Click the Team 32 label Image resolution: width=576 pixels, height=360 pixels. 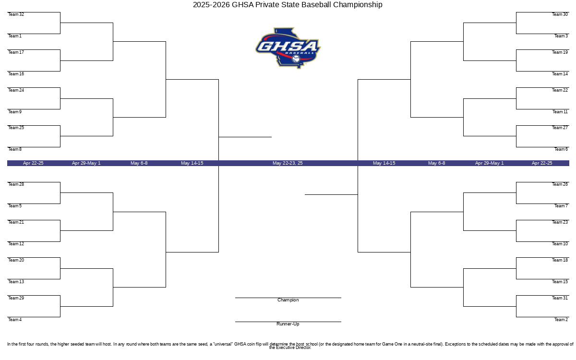(x=16, y=14)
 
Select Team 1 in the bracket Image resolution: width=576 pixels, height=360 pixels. (x=15, y=36)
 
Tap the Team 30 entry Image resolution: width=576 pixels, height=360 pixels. (x=560, y=14)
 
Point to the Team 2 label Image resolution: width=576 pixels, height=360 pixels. (x=561, y=320)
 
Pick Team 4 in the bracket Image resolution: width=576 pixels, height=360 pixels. (x=15, y=320)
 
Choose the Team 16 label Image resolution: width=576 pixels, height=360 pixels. (x=16, y=74)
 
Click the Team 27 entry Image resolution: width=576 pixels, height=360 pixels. (x=560, y=128)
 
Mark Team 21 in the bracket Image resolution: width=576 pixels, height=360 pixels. (x=16, y=222)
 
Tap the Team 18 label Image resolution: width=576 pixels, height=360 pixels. (x=560, y=260)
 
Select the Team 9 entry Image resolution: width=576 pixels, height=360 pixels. (x=15, y=112)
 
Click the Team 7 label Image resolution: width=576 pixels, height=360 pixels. (x=561, y=206)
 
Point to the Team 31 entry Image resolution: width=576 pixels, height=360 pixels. (x=560, y=298)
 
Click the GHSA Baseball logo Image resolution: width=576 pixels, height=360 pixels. (x=288, y=48)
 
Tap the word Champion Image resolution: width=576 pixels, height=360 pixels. (x=288, y=300)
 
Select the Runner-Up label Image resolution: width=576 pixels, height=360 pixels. (x=288, y=324)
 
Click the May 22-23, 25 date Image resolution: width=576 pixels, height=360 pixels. (x=288, y=163)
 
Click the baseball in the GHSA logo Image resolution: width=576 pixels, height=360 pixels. (x=296, y=59)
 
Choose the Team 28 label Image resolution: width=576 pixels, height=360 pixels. (x=16, y=184)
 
